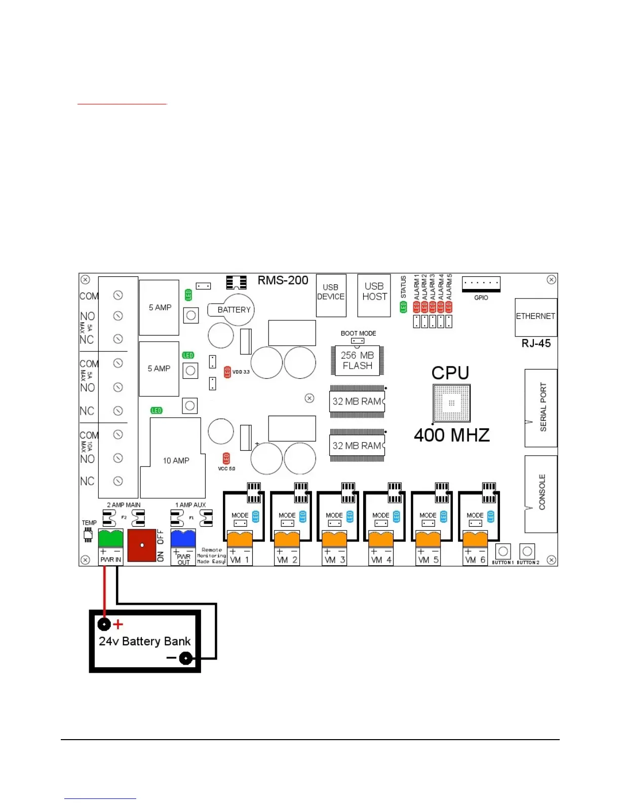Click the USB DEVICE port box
pos(331,295)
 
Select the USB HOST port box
pos(374,295)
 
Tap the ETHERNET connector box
pos(536,317)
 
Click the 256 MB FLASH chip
pos(357,360)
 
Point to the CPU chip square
pos(451,403)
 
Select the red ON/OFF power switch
pos(142,545)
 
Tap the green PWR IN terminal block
pos(110,537)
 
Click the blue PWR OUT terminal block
pos(183,537)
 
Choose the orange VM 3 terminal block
pos(334,538)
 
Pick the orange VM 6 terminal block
pos(475,538)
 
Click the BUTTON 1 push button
pos(503,551)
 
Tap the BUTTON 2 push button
pos(528,551)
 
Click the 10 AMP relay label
pos(176,460)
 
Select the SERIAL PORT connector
pos(541,408)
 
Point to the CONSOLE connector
pos(541,493)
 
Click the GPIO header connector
pos(481,283)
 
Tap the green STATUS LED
pos(404,307)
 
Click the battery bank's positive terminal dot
pos(104,624)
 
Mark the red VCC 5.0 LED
pos(226,459)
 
